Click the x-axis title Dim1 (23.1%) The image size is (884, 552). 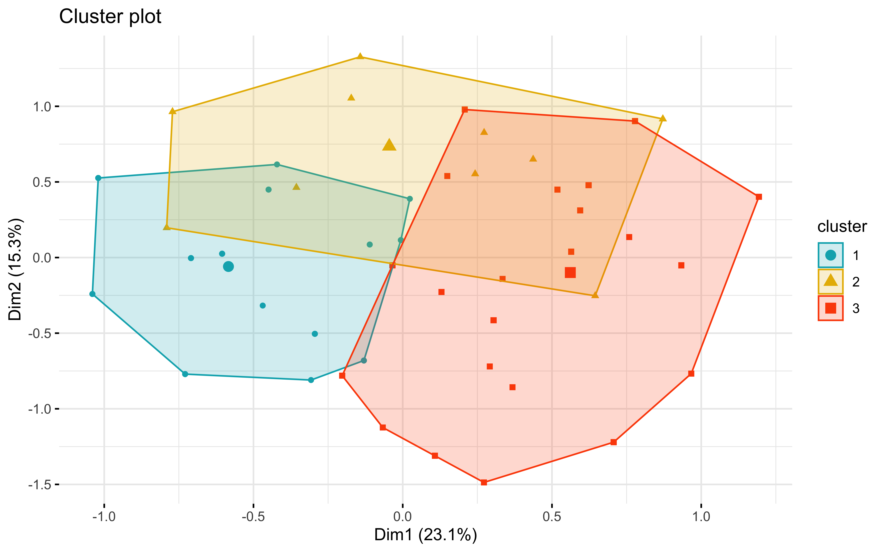[426, 535]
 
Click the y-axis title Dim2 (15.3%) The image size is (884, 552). [15, 269]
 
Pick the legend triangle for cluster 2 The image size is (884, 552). [830, 281]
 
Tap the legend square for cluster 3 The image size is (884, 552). [830, 308]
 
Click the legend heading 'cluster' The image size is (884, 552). [842, 227]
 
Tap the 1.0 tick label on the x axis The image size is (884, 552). [701, 517]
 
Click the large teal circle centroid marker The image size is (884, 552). [228, 266]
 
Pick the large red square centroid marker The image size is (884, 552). [570, 272]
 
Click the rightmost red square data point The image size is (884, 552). [759, 197]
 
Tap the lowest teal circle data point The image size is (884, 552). [311, 380]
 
